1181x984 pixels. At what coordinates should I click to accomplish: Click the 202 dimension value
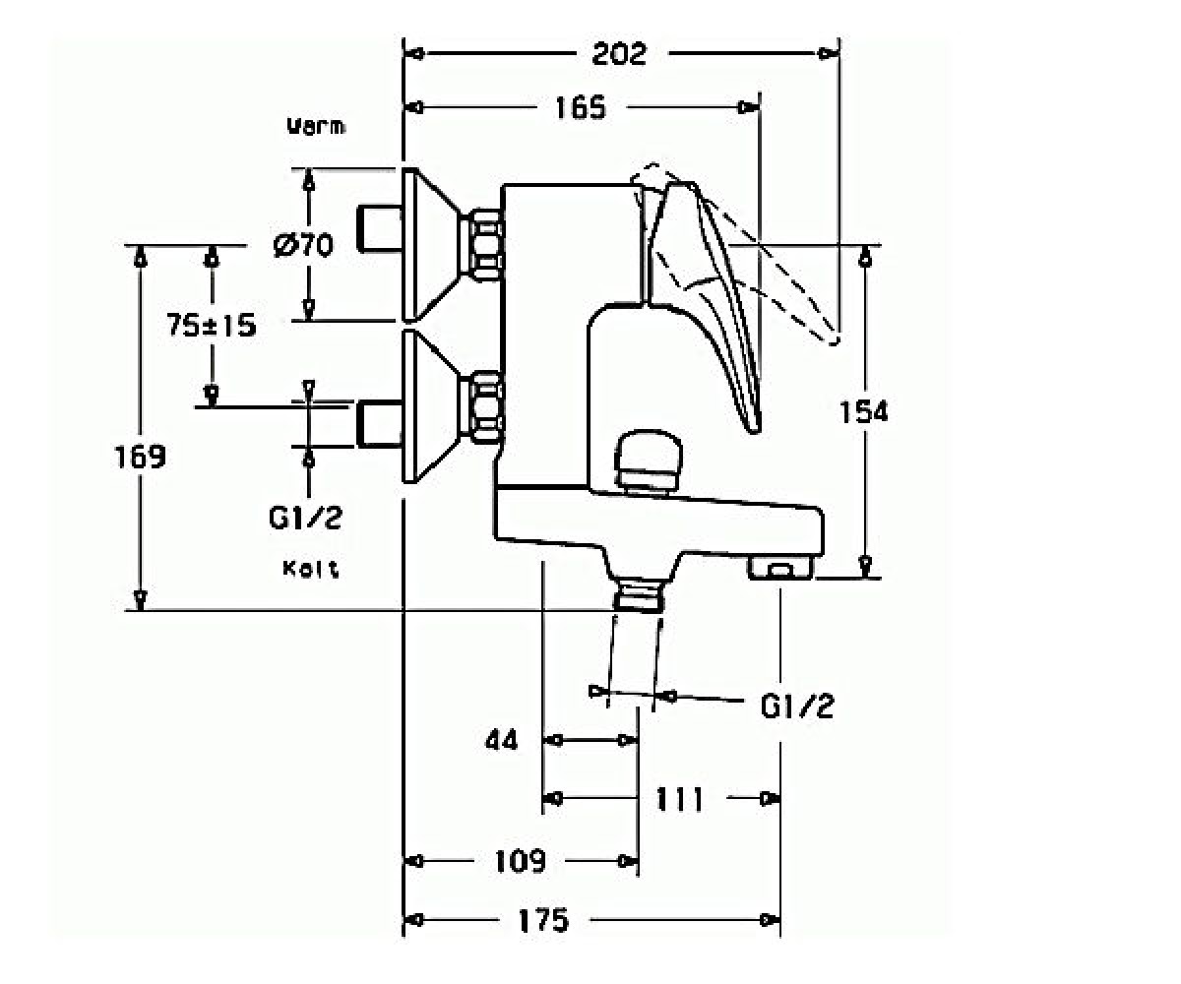tap(619, 54)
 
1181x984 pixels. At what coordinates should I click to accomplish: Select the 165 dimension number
tap(581, 107)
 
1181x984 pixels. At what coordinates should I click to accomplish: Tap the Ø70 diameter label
tap(303, 245)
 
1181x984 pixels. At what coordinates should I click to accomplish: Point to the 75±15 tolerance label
tap(212, 325)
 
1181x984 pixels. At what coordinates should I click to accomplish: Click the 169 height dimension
tap(141, 457)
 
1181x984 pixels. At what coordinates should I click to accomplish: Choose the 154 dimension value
tap(864, 411)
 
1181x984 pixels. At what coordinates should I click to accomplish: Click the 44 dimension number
tap(502, 740)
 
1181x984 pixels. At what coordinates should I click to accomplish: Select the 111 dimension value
tap(680, 799)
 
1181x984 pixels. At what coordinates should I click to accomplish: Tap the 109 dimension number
tap(521, 861)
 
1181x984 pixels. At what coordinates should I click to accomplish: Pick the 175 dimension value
tap(543, 920)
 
